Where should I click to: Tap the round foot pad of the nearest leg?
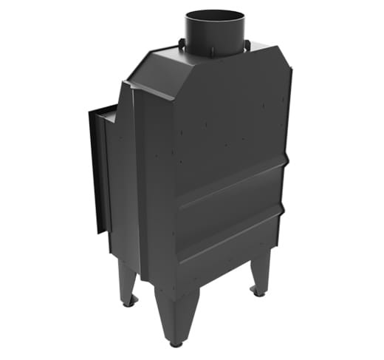point(176,343)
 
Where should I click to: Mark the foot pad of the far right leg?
point(258,293)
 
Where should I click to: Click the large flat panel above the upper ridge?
point(229,126)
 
